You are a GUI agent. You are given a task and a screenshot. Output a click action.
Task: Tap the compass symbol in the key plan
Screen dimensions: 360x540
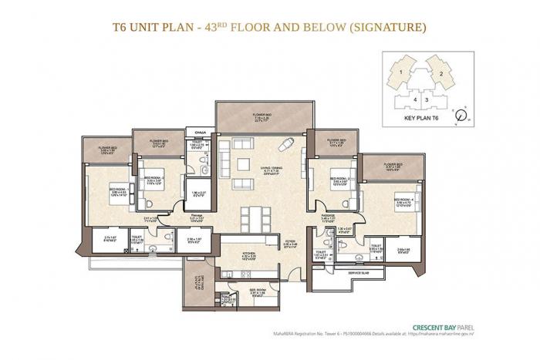pos(461,116)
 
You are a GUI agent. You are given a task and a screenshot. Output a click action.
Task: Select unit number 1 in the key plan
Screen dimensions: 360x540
pos(401,72)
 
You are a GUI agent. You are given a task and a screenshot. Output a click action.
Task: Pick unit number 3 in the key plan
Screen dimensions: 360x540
pos(426,99)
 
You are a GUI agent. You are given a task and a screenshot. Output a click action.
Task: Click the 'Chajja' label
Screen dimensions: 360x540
pos(198,132)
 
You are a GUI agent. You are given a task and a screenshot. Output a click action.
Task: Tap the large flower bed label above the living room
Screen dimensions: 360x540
pos(262,117)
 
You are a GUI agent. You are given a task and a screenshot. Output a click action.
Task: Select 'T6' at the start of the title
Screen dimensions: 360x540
pos(119,29)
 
